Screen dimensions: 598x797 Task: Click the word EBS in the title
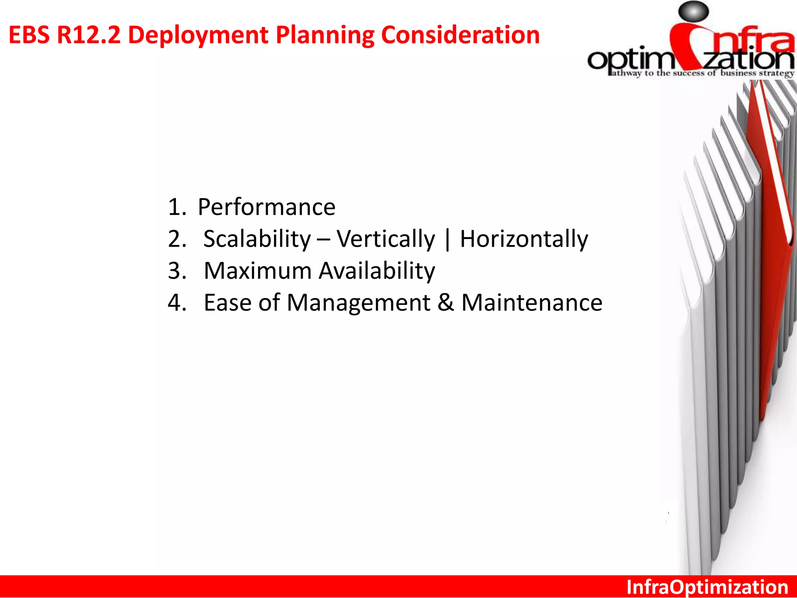coord(29,35)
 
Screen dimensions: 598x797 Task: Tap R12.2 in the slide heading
coord(89,35)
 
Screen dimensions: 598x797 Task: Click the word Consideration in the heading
coord(460,35)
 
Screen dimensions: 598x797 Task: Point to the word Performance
coord(266,207)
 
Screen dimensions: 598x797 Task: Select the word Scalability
coord(257,239)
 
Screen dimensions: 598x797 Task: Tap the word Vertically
coord(386,239)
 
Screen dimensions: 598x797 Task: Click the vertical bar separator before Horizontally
coord(448,239)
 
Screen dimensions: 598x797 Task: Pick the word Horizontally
coord(524,239)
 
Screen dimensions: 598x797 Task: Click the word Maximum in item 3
coord(257,271)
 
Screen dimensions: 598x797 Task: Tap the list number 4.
coord(177,303)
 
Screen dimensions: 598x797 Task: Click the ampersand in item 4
coord(446,303)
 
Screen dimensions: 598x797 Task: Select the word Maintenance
coord(532,303)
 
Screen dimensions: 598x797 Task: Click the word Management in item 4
coord(358,303)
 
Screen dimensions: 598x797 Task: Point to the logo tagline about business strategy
coord(702,73)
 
